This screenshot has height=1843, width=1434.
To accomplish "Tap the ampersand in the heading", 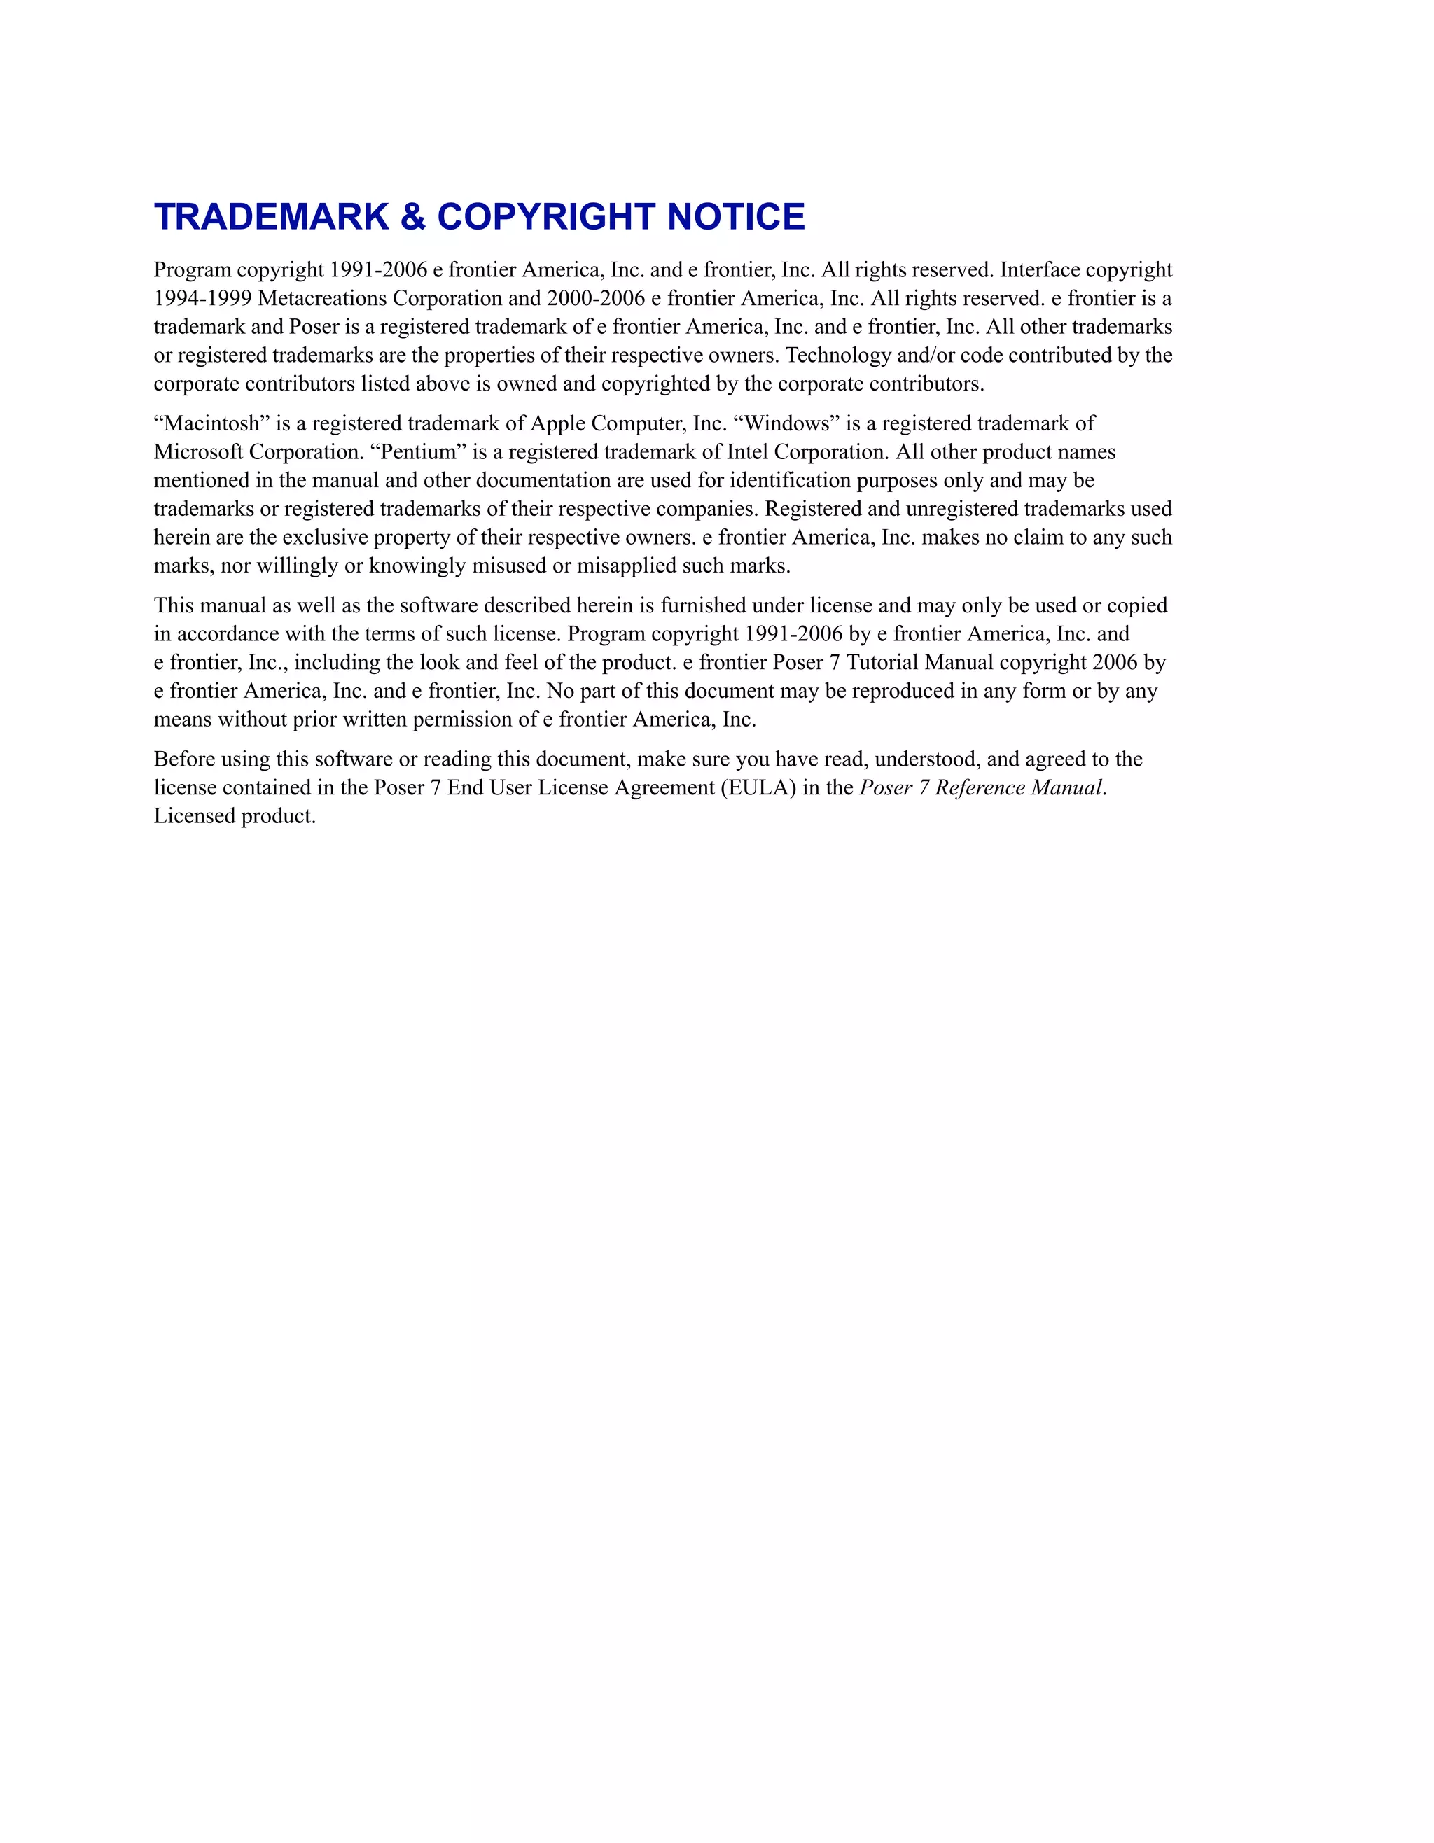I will [412, 217].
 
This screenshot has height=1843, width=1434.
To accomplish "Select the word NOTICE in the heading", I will [736, 217].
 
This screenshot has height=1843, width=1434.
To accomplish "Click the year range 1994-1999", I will [202, 298].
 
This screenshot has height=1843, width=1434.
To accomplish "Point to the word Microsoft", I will [198, 452].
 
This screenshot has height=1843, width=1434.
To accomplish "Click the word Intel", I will [747, 452].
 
